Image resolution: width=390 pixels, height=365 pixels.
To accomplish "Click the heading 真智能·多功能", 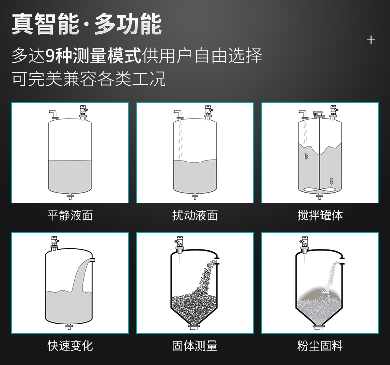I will point(86,24).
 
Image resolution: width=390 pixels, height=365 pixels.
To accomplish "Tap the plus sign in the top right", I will point(371,40).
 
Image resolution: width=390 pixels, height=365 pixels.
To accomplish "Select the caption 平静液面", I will point(70,215).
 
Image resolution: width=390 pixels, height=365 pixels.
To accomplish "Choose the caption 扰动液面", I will point(195,215).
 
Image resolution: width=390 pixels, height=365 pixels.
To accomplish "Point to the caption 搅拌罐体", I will point(320,215).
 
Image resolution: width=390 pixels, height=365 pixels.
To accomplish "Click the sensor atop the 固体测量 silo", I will point(180,243).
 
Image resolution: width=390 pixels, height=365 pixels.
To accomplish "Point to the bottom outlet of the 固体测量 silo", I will point(195,326).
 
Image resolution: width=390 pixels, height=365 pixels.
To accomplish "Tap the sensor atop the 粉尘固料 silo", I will point(305,243).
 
